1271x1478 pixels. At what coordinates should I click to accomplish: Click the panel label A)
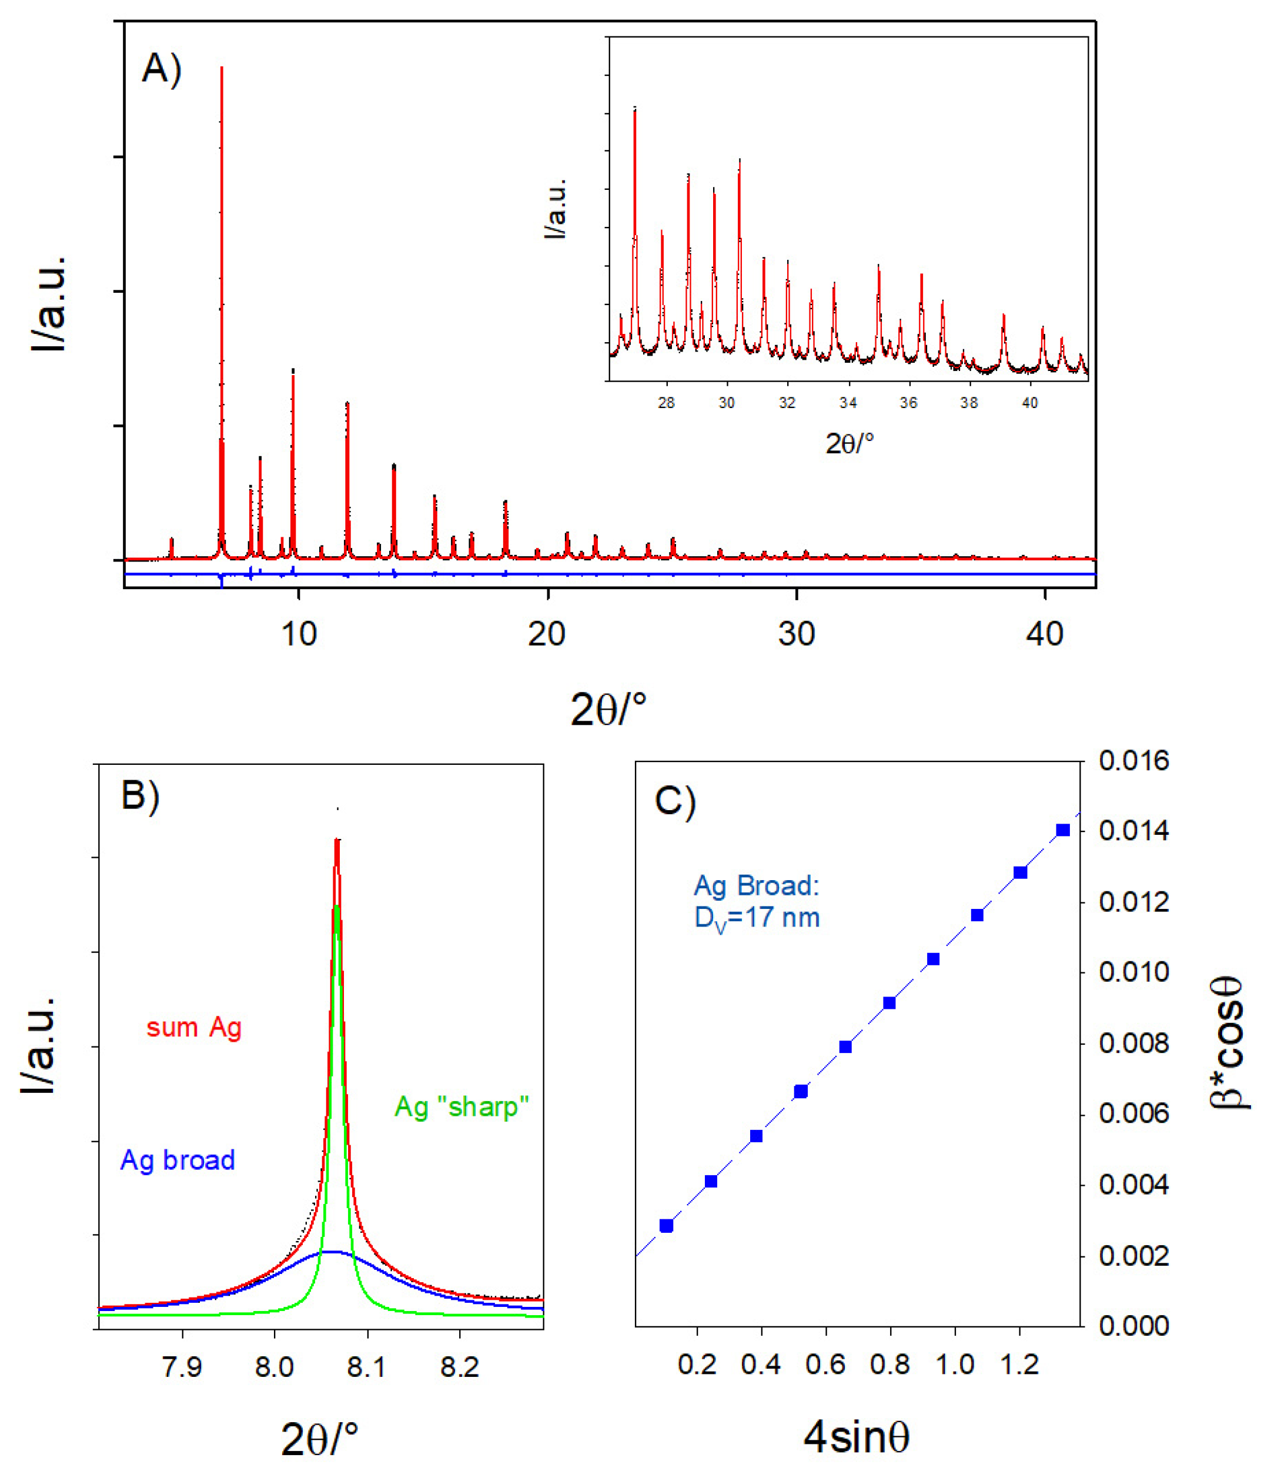162,70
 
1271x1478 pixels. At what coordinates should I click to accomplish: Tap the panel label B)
141,795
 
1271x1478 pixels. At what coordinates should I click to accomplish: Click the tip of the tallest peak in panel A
222,68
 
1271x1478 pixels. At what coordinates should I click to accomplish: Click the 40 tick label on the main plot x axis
1044,633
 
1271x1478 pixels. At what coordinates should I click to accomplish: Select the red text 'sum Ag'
194,1027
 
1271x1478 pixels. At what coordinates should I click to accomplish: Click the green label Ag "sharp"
461,1106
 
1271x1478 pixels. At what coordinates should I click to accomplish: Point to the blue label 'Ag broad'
178,1160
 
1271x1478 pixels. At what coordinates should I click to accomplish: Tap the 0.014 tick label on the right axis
1134,831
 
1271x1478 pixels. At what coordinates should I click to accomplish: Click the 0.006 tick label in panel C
1134,1114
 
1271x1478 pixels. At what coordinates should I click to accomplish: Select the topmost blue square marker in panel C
1063,830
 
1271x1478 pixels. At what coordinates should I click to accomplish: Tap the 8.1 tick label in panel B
367,1367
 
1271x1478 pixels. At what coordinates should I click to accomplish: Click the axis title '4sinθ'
857,1437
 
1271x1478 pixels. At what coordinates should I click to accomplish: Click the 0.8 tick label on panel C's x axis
890,1365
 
